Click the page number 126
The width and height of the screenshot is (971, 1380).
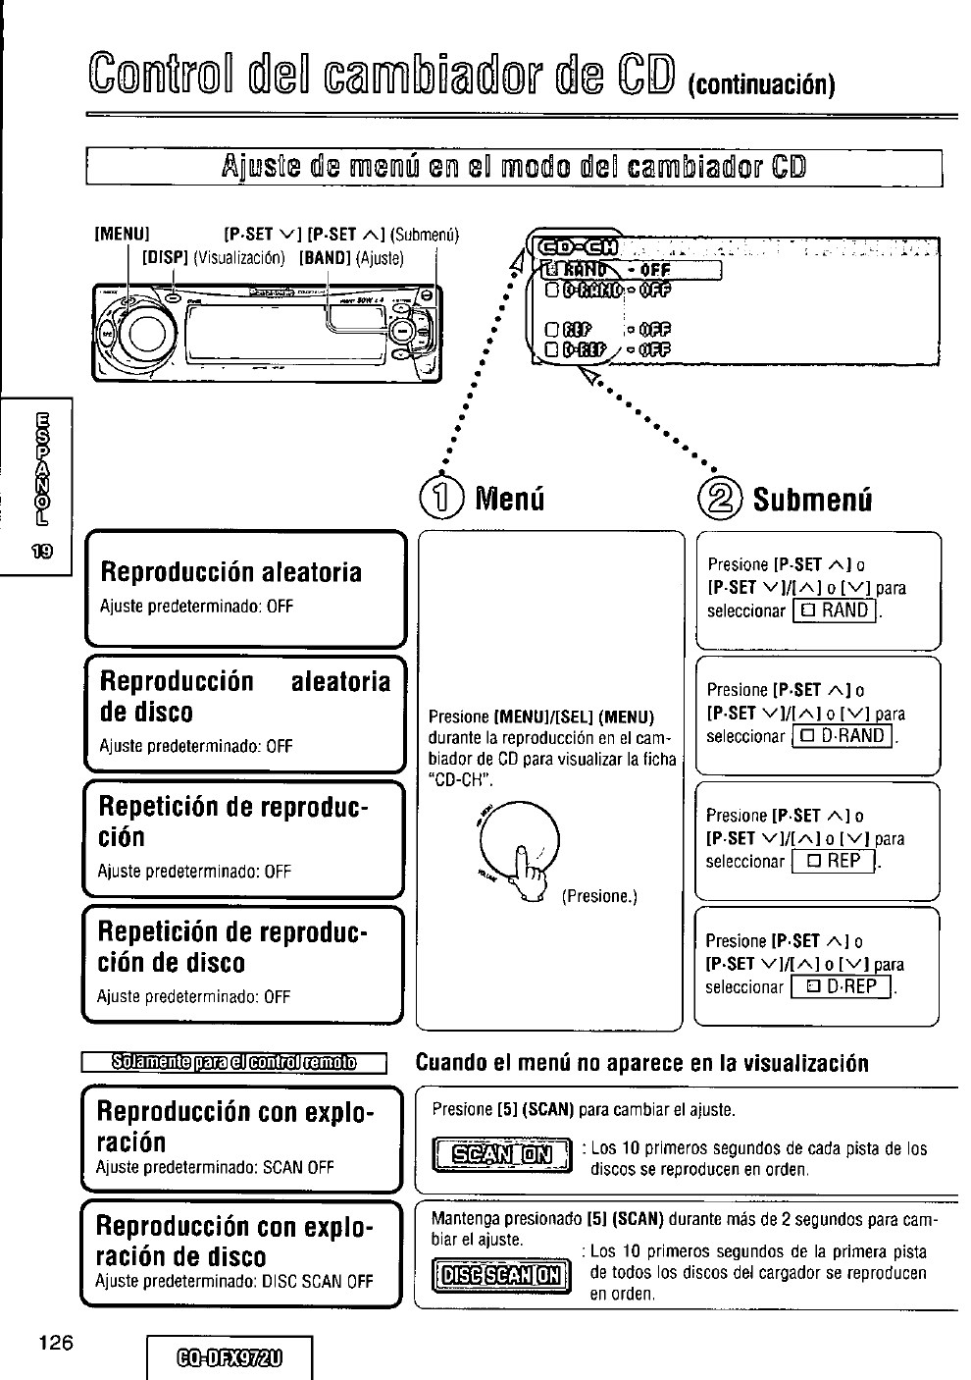pyautogui.click(x=57, y=1343)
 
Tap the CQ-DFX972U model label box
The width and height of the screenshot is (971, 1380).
pyautogui.click(x=229, y=1359)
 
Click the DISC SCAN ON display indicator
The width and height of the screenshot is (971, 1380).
pyautogui.click(x=499, y=1275)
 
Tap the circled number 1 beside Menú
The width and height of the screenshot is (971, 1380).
pyautogui.click(x=447, y=500)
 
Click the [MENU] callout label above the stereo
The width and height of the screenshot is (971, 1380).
pyautogui.click(x=121, y=236)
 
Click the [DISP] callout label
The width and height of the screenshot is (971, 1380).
pyautogui.click(x=166, y=258)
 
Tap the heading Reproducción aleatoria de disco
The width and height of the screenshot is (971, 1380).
pyautogui.click(x=244, y=696)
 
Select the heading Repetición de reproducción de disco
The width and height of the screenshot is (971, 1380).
pyautogui.click(x=232, y=946)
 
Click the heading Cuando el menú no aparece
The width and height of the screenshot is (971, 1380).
pyautogui.click(x=642, y=1063)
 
